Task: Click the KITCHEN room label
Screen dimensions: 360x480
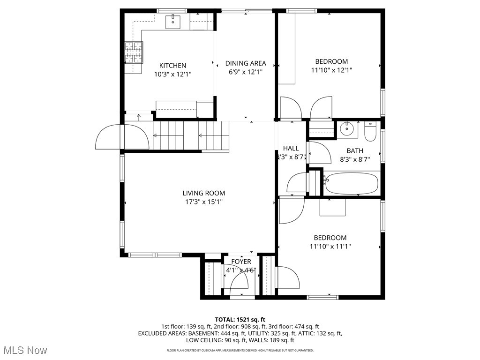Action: point(172,66)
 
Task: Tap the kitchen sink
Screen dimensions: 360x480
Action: point(173,21)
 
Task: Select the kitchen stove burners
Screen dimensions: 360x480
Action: point(134,52)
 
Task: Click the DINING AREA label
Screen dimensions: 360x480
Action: point(246,63)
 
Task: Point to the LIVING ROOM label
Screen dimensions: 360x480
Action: point(203,193)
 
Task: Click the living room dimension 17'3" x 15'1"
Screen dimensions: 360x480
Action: point(203,202)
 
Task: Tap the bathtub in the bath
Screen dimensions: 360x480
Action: point(352,184)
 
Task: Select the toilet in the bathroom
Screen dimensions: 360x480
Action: point(370,132)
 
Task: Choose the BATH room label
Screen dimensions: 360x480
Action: point(355,150)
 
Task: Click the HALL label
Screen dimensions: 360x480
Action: point(291,148)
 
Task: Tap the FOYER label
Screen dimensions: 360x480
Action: point(241,262)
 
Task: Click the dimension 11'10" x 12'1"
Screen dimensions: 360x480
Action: point(331,70)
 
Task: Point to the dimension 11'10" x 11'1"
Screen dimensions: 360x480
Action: point(330,246)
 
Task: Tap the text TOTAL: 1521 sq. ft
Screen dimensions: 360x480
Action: point(240,319)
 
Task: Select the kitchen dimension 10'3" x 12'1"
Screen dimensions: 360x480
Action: point(172,74)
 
